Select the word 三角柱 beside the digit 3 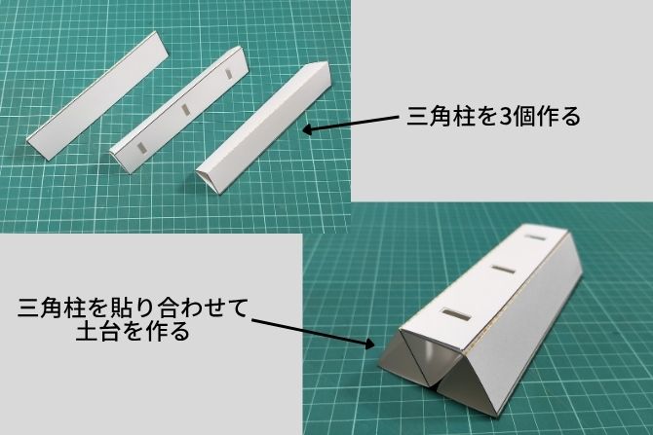click(x=441, y=116)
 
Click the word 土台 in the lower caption click(x=98, y=331)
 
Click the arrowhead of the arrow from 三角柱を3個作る click(x=308, y=129)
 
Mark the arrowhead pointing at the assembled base click(x=368, y=344)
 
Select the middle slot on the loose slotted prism click(x=185, y=109)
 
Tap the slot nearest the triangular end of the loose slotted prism click(x=142, y=147)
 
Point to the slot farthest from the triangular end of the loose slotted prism click(x=228, y=74)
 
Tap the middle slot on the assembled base click(x=503, y=270)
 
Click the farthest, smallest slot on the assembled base click(x=536, y=237)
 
